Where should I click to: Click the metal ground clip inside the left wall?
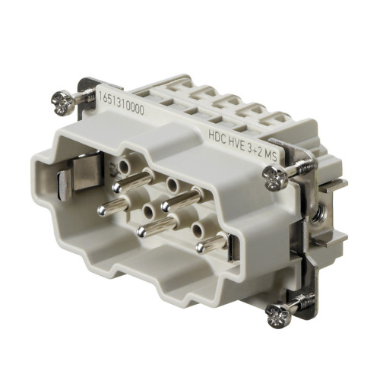point(65,181)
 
